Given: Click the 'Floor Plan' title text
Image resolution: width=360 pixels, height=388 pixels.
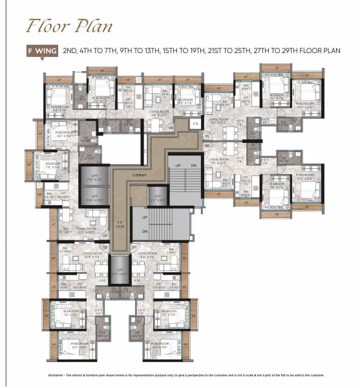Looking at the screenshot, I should point(69,26).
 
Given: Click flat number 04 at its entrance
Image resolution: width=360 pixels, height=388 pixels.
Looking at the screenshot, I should point(171,128).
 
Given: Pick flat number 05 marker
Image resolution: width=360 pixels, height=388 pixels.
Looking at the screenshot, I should point(207,137).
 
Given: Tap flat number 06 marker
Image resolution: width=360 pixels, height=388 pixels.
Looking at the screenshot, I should point(207,147).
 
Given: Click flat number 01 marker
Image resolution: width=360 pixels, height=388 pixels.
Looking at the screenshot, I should point(135,246).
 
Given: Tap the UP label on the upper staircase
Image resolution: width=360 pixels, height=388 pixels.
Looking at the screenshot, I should point(178,166).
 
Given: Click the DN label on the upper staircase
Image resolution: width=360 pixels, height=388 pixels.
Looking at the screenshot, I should point(194,166).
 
